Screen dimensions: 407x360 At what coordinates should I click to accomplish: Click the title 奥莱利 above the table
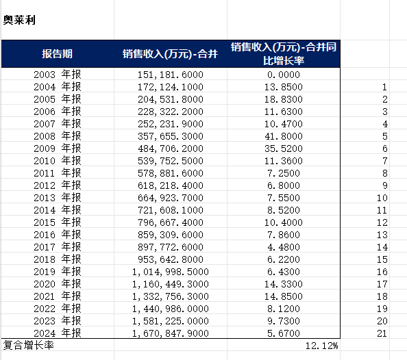click(19, 20)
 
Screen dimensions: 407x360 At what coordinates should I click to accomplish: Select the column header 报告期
click(57, 53)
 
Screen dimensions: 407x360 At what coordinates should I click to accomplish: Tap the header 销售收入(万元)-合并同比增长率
click(284, 53)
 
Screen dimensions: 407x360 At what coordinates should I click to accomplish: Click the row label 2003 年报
click(58, 75)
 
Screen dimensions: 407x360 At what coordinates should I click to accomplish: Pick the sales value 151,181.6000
click(171, 75)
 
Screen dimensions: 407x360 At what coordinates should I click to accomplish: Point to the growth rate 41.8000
click(284, 136)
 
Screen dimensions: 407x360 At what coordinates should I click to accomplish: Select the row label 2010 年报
click(58, 161)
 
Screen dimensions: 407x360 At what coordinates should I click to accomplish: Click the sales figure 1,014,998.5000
click(171, 272)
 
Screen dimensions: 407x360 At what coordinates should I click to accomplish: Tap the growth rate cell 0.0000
click(284, 75)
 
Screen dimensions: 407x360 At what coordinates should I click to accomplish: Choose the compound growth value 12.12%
click(321, 346)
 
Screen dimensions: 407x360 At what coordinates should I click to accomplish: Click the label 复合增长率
click(29, 346)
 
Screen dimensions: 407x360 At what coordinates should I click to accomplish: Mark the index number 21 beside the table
click(382, 333)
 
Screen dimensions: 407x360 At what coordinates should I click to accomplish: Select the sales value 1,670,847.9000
click(171, 333)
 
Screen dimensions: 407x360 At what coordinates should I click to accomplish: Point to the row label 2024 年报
click(58, 333)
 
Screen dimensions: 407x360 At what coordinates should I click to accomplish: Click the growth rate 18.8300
click(284, 99)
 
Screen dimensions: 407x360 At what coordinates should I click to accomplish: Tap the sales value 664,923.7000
click(171, 198)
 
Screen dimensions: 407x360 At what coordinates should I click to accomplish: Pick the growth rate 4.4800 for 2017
click(284, 247)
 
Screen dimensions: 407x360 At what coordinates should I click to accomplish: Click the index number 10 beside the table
click(382, 198)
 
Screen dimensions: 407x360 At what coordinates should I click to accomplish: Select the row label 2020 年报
click(58, 284)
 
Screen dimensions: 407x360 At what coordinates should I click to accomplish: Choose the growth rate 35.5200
click(284, 149)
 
